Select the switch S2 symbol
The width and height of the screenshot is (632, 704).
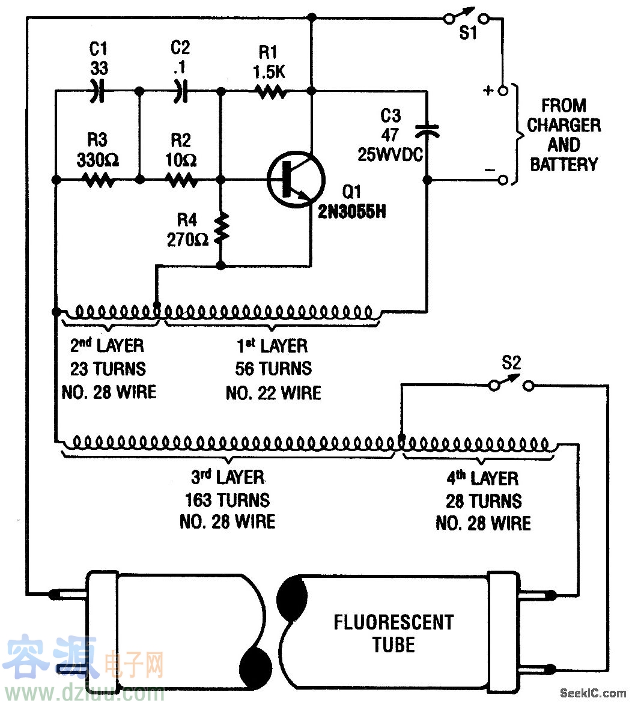511,383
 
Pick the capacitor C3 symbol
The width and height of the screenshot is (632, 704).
427,129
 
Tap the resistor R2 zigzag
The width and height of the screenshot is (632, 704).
180,180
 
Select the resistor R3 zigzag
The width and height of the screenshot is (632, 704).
97,180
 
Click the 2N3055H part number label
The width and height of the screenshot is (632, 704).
353,211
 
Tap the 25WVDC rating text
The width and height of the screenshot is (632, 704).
390,154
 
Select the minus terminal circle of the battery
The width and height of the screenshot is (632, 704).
503,180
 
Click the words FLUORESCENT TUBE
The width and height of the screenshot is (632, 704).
393,633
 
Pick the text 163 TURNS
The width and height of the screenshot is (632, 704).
228,500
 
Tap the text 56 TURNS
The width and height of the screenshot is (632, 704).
273,368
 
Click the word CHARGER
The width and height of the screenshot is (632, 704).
564,126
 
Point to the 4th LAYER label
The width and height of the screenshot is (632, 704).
483,479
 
